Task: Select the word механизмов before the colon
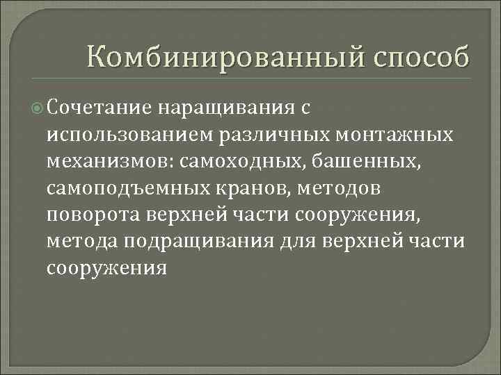click(109, 161)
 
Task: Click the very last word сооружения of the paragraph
click(106, 267)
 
